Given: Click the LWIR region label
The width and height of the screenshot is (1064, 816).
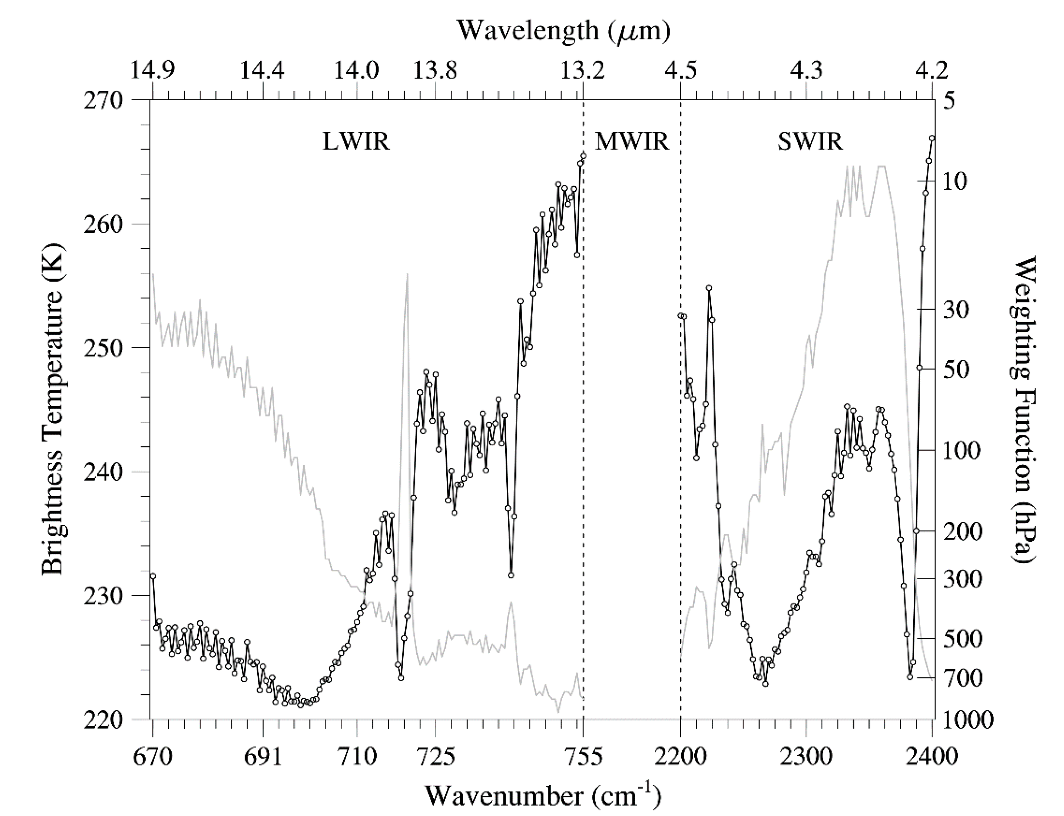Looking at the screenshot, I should pos(356,142).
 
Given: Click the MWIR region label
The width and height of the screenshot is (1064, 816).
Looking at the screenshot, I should pos(632,142).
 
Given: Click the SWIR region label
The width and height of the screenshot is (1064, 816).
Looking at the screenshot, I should pos(810,142).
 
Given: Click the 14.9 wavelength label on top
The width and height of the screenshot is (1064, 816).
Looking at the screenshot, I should pos(153,70).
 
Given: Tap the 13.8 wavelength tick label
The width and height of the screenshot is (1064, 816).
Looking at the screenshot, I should pos(435,70).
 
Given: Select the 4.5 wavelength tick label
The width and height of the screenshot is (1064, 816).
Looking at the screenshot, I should pos(680,70).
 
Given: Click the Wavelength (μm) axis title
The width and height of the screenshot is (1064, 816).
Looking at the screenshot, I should pos(564,30).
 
